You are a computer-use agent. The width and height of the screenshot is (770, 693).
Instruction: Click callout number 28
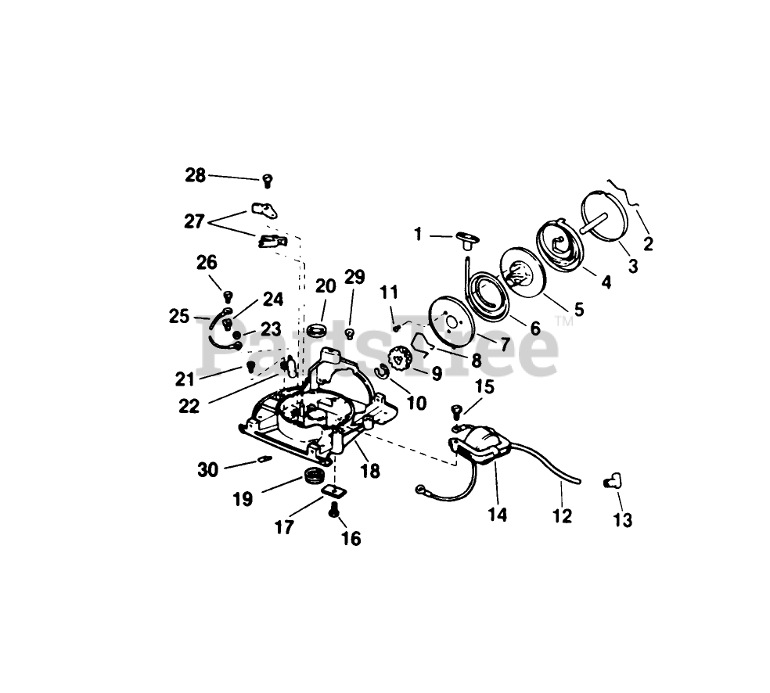tap(196, 175)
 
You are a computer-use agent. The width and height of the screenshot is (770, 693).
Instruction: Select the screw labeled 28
tap(268, 181)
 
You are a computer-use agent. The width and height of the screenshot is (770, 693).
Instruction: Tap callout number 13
tap(624, 519)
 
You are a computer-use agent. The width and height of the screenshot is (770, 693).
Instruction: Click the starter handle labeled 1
tap(466, 238)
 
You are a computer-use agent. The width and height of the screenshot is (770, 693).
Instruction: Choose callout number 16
tap(351, 539)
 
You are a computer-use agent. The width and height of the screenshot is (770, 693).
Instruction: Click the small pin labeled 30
tap(266, 459)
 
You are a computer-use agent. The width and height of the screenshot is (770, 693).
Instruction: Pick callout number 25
tap(179, 316)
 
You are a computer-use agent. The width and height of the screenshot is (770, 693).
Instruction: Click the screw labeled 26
tap(229, 296)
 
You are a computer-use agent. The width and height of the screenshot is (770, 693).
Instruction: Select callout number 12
tap(562, 515)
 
